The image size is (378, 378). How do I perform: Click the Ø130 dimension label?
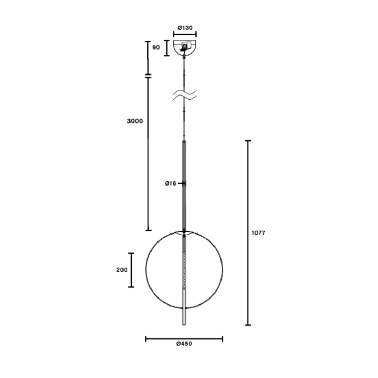pos(185,28)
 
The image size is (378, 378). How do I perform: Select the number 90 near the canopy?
pos(156,47)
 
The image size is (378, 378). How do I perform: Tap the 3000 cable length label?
pos(135,121)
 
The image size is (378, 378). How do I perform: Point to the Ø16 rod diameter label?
pos(170,183)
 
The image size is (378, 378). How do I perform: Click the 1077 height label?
pos(259,233)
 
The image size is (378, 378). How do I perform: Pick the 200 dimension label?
pos(122,270)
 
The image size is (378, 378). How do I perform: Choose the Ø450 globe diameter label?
pos(184,344)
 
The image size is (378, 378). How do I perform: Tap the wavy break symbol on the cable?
pos(184,95)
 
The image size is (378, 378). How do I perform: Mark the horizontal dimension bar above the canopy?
pos(185,34)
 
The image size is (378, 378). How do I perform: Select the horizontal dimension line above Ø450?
pos(184,338)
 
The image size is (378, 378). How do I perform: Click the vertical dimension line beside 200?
pos(131,270)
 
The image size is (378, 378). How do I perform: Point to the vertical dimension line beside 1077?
pos(248,233)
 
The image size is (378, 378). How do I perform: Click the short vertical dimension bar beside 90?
pos(167,48)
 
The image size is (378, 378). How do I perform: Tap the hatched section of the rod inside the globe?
pos(184,270)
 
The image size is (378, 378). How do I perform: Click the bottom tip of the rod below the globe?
pos(184,324)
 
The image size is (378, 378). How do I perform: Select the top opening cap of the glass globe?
pos(184,232)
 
